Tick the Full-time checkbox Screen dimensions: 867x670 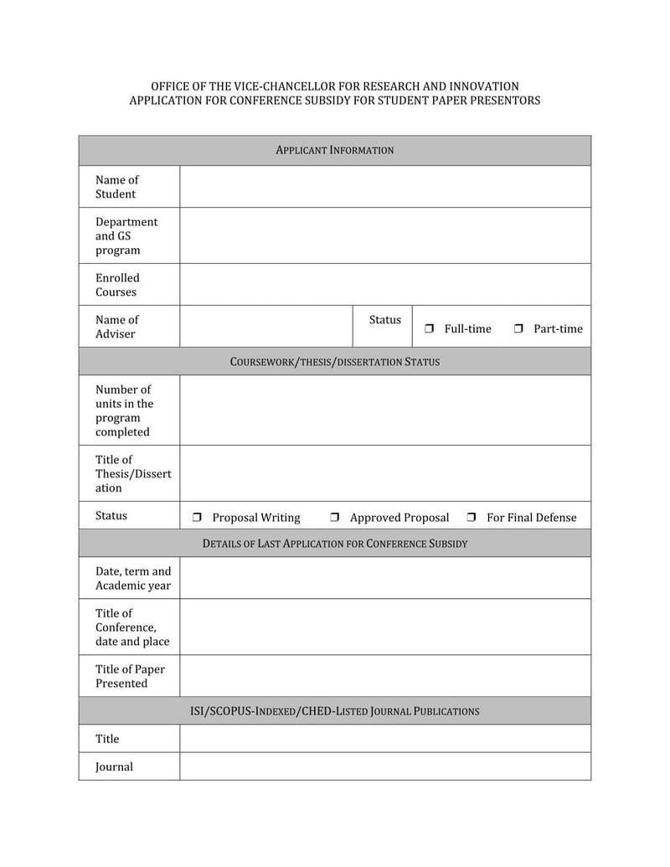(x=429, y=329)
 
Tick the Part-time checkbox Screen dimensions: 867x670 (x=518, y=329)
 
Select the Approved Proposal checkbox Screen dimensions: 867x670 (x=334, y=518)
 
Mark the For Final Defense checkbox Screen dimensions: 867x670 (x=472, y=518)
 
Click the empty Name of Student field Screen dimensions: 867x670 (x=385, y=187)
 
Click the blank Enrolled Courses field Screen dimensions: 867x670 (x=385, y=285)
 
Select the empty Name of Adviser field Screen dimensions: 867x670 (x=265, y=327)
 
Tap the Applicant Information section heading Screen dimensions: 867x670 (x=335, y=151)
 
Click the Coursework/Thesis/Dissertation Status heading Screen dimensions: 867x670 (x=335, y=362)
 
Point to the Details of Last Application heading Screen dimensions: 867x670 (x=335, y=544)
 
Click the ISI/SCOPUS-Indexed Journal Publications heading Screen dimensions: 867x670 (x=335, y=711)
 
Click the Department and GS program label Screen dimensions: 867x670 (x=126, y=236)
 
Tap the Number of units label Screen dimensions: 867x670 (x=124, y=410)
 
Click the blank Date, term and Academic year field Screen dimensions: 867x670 (x=385, y=578)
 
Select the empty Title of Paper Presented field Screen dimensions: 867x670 (x=385, y=676)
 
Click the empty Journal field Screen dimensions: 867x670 (x=385, y=766)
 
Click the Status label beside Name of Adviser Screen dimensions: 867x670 (x=384, y=320)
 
